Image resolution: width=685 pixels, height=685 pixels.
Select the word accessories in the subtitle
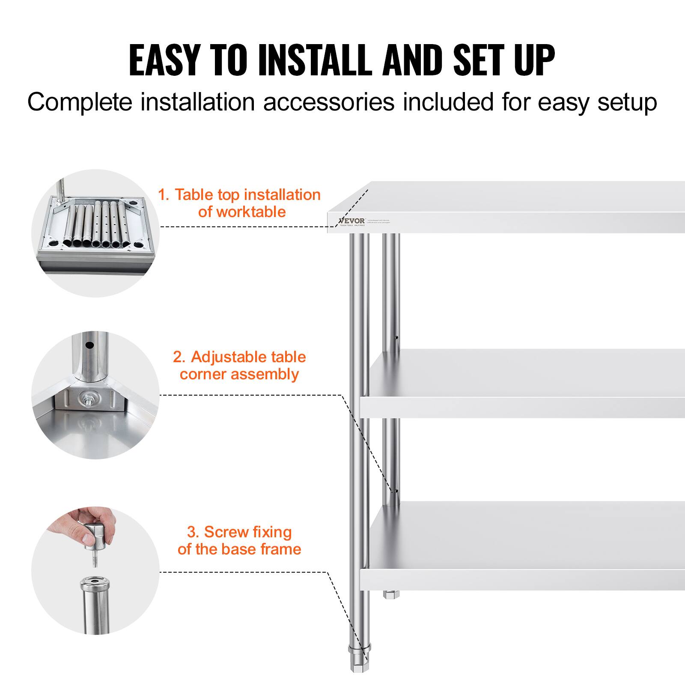[x=328, y=102]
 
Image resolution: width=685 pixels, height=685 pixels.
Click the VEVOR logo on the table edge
[x=352, y=221]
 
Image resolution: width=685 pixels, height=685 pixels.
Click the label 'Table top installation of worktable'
[x=239, y=203]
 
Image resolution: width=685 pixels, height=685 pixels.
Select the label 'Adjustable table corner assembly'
[x=239, y=365]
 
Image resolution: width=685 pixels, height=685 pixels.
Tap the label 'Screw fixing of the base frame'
[x=239, y=540]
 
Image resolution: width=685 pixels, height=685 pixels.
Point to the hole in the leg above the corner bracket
[x=89, y=345]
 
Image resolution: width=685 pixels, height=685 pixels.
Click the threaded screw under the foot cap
[x=95, y=559]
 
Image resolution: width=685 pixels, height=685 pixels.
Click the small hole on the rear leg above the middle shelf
[x=396, y=337]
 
